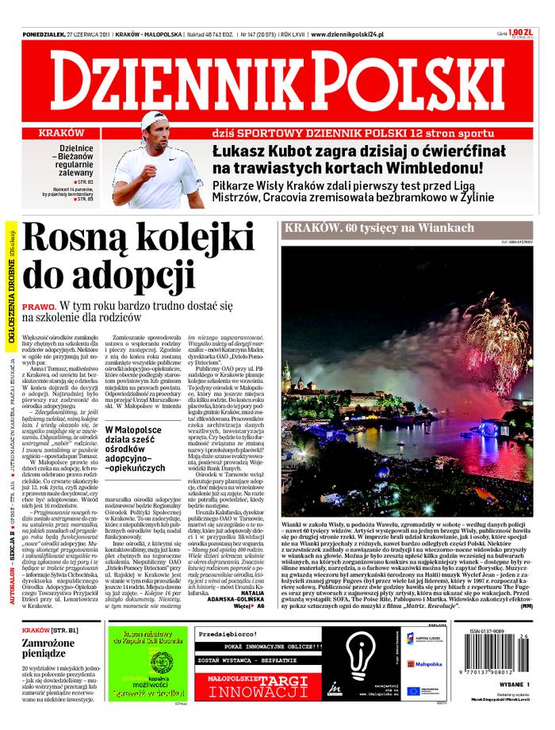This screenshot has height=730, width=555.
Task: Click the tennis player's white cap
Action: tap(152, 120)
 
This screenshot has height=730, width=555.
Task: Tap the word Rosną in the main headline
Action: tap(65, 239)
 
